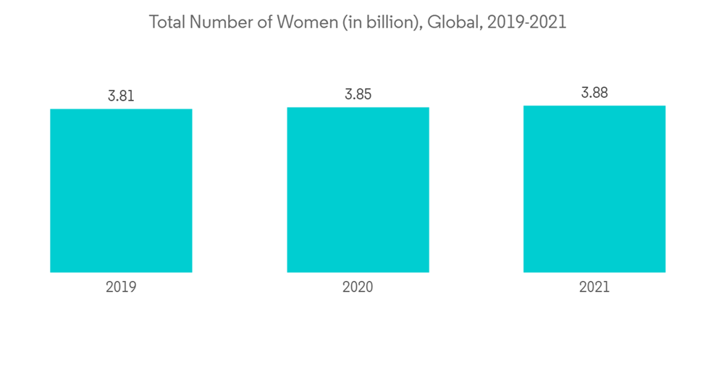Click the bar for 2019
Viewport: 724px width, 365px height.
[121, 190]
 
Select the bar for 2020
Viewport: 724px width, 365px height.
[358, 190]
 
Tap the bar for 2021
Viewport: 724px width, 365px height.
[594, 189]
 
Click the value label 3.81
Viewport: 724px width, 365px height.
[121, 96]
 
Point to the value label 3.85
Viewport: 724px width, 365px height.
[358, 94]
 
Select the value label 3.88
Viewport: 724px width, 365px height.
[594, 93]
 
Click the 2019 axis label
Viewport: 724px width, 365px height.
[121, 287]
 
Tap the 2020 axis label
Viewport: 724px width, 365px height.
[358, 287]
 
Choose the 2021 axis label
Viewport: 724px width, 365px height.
[594, 287]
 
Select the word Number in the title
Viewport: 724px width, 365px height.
[214, 22]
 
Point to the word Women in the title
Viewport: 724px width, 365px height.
[297, 22]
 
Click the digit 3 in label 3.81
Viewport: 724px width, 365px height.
[112, 96]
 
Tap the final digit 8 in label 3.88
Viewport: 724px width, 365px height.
[604, 93]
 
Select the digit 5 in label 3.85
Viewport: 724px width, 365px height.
[367, 94]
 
